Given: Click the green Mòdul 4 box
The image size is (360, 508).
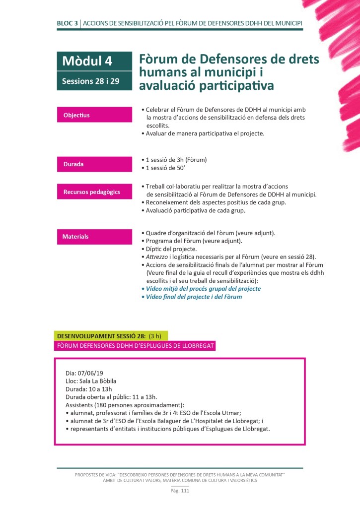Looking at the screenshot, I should (x=94, y=62).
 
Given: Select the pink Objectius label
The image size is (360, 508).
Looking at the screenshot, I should (x=94, y=115).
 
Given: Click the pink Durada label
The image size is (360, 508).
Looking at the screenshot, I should (x=94, y=164).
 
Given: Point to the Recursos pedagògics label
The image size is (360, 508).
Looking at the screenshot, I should (x=94, y=191).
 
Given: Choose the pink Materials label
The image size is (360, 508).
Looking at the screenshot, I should (x=94, y=237).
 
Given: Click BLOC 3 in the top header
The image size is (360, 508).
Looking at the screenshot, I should (x=67, y=23).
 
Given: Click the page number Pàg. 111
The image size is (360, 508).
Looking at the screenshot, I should (x=180, y=491).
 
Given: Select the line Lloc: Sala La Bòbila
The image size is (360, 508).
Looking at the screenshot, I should (x=91, y=381).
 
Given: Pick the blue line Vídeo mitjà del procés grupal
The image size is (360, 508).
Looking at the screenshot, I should (x=203, y=288).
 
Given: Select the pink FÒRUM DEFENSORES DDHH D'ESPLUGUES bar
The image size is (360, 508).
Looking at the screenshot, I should (x=135, y=345).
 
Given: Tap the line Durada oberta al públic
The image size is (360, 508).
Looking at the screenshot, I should (x=111, y=396).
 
